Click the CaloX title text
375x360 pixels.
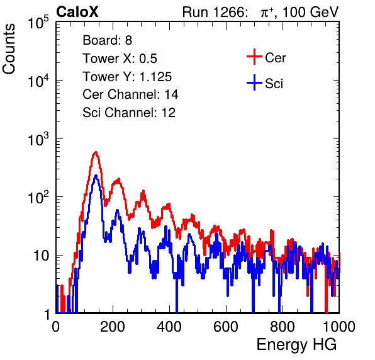tap(77, 12)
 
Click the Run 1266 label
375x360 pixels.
tap(215, 12)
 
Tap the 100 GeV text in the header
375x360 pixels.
tap(311, 12)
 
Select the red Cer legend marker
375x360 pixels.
tap(254, 57)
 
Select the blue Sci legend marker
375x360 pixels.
tap(254, 82)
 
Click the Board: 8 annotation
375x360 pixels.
tap(108, 40)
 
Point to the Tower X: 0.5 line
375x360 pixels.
tap(120, 59)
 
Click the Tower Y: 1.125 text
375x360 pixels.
tap(127, 77)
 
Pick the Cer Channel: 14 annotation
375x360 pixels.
tap(130, 94)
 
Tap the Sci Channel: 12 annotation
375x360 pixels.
tap(129, 113)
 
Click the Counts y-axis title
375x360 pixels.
tap(9, 49)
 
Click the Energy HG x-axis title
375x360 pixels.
tap(296, 344)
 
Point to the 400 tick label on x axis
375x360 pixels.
tap(169, 327)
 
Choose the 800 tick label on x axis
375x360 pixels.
tap(283, 327)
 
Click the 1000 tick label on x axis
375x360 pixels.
tap(339, 327)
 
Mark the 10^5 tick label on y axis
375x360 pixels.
tap(38, 23)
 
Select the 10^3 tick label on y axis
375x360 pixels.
tap(38, 140)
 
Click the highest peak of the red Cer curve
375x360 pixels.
tap(96, 152)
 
